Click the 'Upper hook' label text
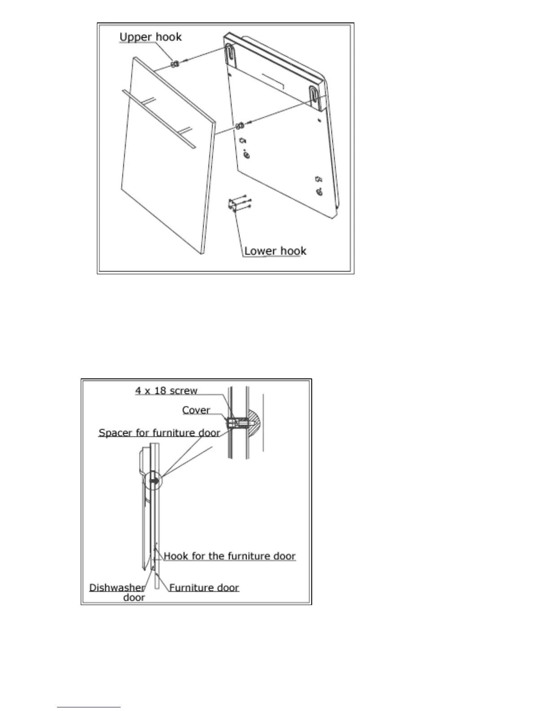(x=150, y=37)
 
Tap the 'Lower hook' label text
(x=275, y=250)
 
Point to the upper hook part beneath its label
(x=175, y=63)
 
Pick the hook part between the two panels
(x=240, y=124)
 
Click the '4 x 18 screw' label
(x=166, y=391)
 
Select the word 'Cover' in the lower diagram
(x=196, y=410)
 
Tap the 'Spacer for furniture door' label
(x=159, y=433)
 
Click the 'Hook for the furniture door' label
(x=229, y=556)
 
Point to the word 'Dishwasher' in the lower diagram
(x=117, y=588)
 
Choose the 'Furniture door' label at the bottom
(x=204, y=588)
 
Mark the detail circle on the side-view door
(x=154, y=480)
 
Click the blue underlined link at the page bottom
(x=89, y=707)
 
